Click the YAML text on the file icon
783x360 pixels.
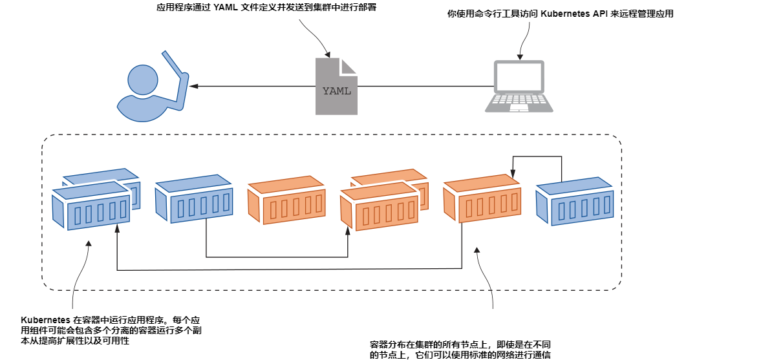(336, 91)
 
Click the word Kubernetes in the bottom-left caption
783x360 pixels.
(46, 320)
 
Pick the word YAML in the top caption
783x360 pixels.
(226, 8)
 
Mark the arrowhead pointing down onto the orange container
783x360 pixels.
(512, 175)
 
